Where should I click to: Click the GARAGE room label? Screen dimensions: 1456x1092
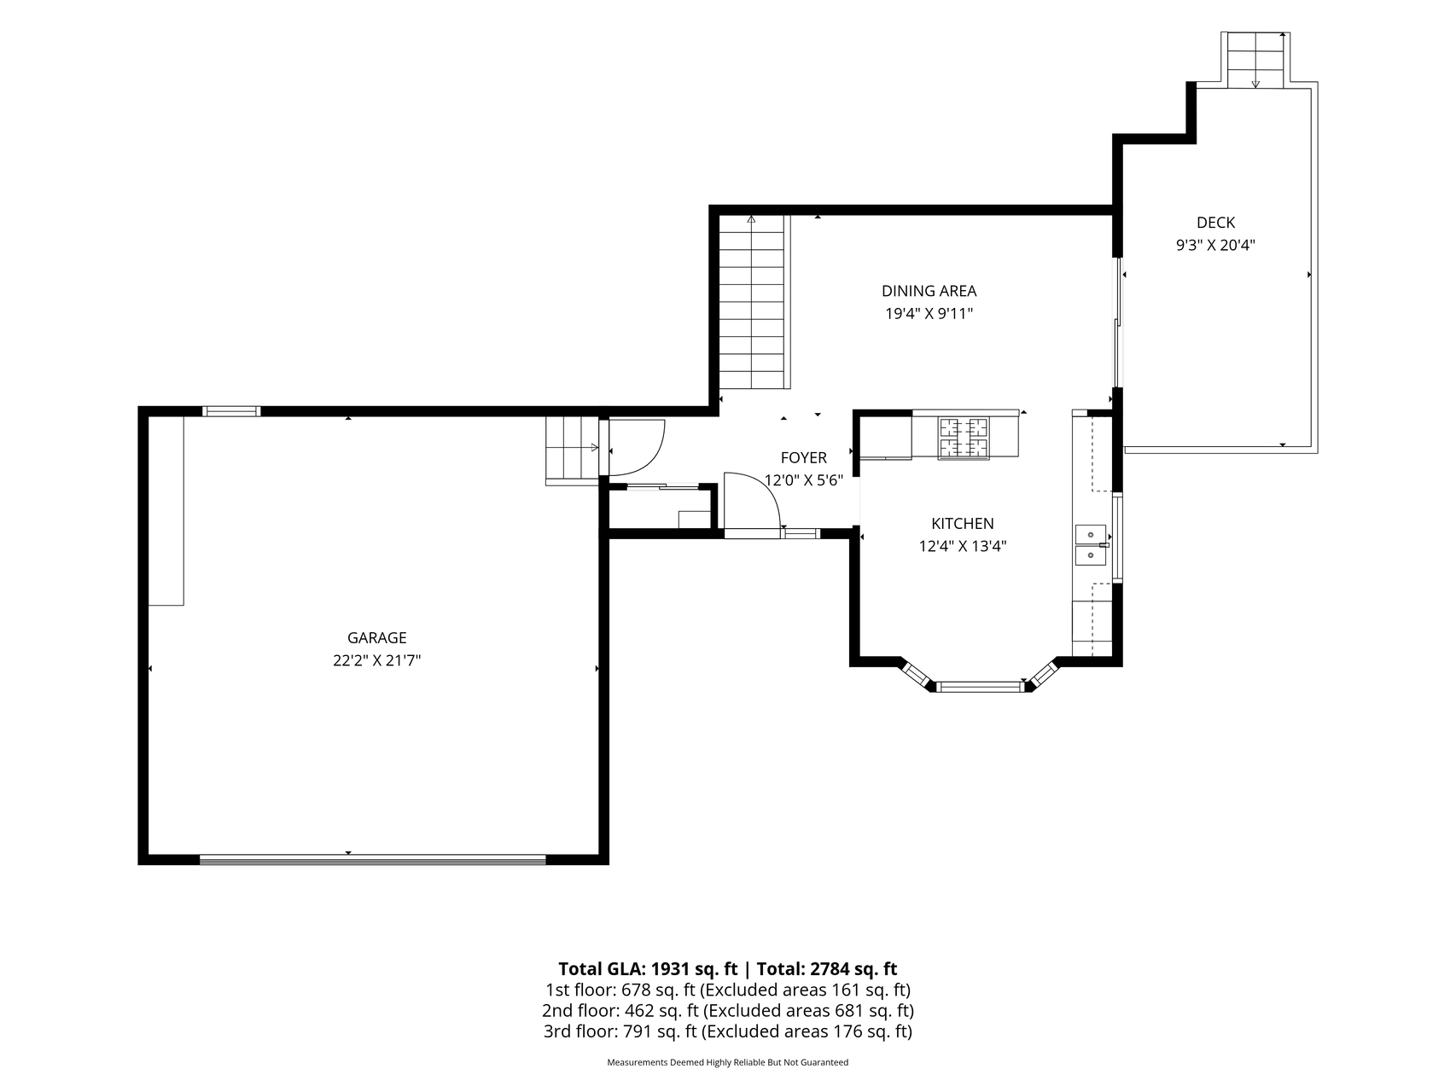point(376,637)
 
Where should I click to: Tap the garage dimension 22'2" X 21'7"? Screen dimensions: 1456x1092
point(376,660)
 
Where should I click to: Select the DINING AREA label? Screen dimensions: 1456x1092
point(929,291)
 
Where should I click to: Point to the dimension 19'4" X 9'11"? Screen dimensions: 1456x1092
point(929,314)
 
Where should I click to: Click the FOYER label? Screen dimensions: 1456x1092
point(803,458)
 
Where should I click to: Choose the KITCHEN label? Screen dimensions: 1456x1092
point(962,524)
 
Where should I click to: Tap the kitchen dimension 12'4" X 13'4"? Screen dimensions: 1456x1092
point(962,547)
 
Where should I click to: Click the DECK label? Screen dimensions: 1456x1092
point(1215,223)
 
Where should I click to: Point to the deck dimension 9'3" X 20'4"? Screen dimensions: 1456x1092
point(1215,246)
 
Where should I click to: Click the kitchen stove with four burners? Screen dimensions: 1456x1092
point(964,438)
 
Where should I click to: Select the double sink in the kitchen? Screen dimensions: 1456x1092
point(1091,545)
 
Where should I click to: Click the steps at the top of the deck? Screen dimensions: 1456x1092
point(1255,60)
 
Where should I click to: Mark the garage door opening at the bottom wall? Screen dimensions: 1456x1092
point(372,860)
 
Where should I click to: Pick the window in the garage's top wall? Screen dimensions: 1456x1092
point(231,411)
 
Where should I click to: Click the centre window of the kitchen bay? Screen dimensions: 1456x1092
point(980,686)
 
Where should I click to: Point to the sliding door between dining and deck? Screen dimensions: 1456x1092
point(1118,323)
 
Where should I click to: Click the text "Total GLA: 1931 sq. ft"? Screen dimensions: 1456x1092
point(648,968)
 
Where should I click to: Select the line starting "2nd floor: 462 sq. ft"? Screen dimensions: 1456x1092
point(728,1011)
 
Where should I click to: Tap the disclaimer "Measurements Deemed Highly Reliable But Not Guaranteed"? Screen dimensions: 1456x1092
point(728,1063)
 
